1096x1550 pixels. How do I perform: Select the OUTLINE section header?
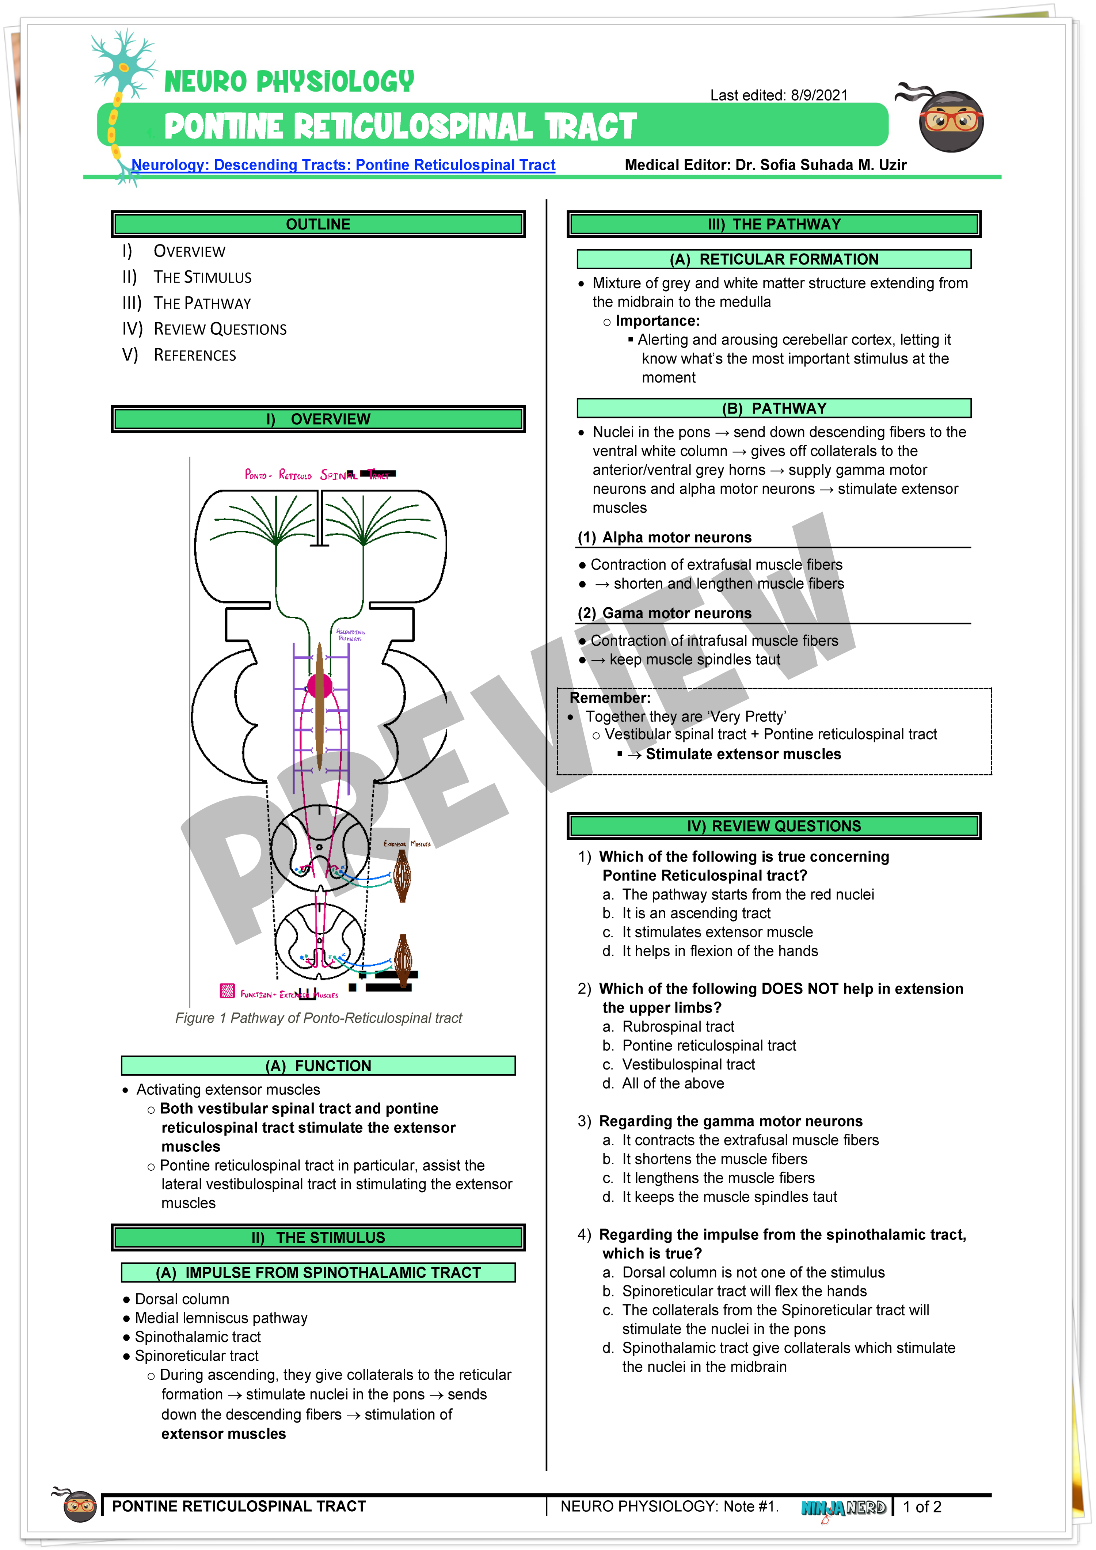click(x=318, y=224)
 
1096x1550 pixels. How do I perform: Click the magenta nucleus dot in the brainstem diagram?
click(x=319, y=687)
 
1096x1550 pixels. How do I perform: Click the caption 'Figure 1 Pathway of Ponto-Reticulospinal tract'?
click(x=319, y=1018)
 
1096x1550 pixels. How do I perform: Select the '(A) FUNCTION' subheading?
click(x=318, y=1066)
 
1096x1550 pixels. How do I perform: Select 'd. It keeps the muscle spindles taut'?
click(x=729, y=1197)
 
